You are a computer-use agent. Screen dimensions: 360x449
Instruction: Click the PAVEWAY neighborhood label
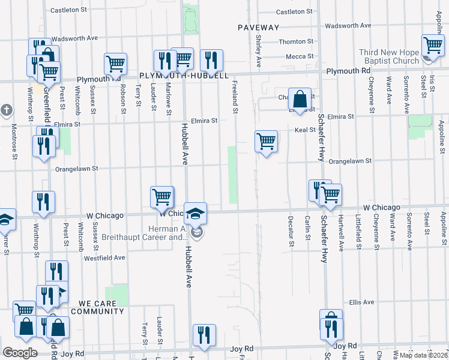(258, 28)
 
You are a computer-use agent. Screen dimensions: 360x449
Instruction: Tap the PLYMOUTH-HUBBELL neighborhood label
(184, 76)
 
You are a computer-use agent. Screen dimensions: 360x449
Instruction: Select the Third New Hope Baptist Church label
(389, 57)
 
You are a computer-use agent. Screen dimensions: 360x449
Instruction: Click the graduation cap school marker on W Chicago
(195, 214)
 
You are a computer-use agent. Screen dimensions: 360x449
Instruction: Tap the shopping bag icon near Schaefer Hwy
(300, 98)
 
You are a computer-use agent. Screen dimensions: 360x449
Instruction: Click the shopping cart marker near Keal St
(266, 142)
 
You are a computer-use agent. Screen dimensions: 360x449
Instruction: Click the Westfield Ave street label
(104, 257)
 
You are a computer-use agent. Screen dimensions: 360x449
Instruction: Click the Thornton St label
(297, 42)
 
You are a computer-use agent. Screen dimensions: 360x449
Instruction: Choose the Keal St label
(305, 130)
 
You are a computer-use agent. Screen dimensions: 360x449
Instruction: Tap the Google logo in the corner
(20, 353)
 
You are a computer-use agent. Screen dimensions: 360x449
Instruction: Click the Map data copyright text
(423, 355)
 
